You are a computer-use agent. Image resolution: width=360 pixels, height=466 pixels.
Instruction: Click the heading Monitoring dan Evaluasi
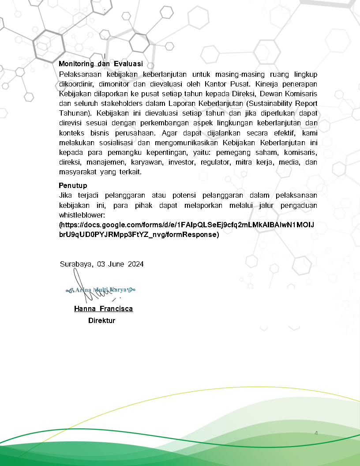click(x=101, y=64)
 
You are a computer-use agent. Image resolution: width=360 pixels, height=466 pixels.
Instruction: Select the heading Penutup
click(x=73, y=185)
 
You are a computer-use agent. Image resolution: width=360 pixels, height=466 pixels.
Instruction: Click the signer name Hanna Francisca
click(x=103, y=308)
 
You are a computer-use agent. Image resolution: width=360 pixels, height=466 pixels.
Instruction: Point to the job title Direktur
click(x=101, y=320)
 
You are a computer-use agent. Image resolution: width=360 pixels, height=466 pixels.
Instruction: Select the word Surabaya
click(x=76, y=264)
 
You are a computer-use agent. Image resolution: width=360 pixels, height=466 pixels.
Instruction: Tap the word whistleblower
click(x=82, y=215)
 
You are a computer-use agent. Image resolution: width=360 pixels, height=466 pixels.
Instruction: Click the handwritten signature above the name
click(x=84, y=287)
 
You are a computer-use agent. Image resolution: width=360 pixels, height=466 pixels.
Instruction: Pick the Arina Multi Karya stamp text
click(x=101, y=290)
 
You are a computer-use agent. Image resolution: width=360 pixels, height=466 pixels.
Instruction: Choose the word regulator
click(x=215, y=162)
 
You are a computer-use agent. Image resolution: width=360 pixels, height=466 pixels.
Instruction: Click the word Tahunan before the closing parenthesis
click(x=74, y=113)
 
